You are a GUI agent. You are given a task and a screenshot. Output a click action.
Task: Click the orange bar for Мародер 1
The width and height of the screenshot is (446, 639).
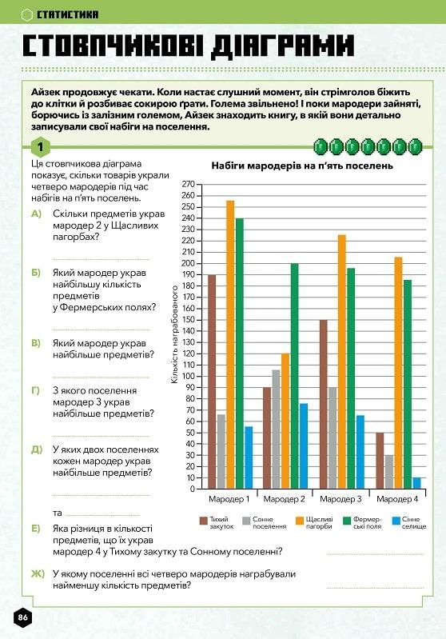[x=230, y=345]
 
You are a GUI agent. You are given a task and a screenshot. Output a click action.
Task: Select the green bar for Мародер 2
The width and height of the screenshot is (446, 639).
[x=294, y=376]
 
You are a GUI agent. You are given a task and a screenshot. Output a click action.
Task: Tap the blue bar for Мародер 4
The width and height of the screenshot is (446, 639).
[x=416, y=483]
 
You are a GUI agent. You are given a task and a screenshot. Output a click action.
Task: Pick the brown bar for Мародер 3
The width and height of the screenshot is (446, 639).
[x=324, y=404]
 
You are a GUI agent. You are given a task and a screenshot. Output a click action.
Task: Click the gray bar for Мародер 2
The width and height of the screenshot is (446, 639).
[x=277, y=429]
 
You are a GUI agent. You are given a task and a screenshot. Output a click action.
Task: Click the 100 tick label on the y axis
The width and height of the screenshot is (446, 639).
[x=189, y=376]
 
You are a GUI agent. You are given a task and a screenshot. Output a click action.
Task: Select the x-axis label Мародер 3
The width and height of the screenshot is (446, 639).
[x=340, y=499]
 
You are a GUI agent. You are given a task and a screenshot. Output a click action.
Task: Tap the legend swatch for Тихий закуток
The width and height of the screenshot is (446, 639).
[x=203, y=521]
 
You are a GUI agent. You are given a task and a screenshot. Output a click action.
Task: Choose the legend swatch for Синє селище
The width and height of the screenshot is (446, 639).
[x=396, y=521]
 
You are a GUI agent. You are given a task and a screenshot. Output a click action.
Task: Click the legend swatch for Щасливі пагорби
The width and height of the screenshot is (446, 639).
[x=300, y=521]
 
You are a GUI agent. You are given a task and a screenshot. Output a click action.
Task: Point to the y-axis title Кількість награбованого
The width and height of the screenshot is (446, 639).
[x=175, y=334]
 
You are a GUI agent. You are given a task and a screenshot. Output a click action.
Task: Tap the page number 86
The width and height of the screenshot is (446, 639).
[x=23, y=617]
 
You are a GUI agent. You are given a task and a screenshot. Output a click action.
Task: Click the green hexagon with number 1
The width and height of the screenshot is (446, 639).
[x=40, y=146]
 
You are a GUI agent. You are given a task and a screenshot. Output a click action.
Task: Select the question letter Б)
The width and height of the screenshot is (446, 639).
[x=36, y=273]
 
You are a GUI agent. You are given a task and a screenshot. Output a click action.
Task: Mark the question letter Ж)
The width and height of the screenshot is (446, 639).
[x=38, y=573]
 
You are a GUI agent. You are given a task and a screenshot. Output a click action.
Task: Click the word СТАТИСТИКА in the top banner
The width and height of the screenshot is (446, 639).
[x=68, y=14]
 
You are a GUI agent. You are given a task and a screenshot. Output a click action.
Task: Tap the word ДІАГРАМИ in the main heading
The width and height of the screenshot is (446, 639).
[x=282, y=46]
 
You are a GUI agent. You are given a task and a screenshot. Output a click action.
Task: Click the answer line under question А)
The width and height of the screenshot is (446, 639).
[x=102, y=259]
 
